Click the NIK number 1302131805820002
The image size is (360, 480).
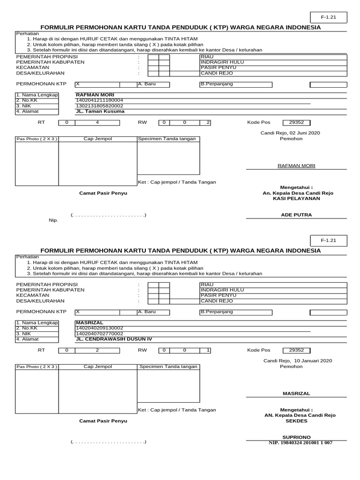pos(99,106)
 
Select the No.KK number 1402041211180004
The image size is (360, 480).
pos(99,100)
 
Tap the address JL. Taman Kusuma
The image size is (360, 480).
pos(100,112)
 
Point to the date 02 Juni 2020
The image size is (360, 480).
pos(304,133)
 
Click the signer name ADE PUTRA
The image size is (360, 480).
pos(296,215)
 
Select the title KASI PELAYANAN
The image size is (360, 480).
pos(296,198)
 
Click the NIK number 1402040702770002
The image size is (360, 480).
pos(99,333)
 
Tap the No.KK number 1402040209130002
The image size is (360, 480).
pos(99,328)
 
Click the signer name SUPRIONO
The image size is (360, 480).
pos(296,436)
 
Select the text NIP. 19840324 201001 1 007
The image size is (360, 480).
pos(300,442)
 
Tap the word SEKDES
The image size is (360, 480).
pos(297,421)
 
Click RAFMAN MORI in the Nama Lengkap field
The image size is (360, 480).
pos(95,95)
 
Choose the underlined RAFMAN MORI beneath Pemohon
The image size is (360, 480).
pos(296,166)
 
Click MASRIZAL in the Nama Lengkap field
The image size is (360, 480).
pos(90,322)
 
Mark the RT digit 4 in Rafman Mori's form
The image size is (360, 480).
pos(97,122)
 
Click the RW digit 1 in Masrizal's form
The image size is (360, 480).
pos(208,350)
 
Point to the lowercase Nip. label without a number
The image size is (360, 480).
pos(53,220)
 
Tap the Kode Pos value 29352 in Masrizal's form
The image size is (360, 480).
pos(296,350)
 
